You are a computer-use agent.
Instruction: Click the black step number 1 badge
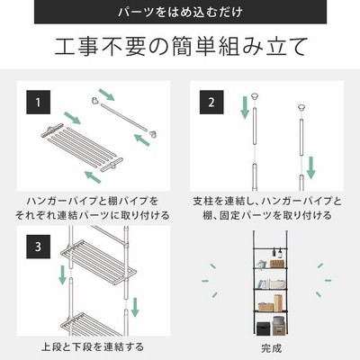[38, 103]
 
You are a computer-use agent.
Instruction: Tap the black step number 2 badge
[211, 103]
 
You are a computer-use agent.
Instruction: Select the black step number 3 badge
[38, 247]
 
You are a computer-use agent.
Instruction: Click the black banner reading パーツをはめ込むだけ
[180, 12]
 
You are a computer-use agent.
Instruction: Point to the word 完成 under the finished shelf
[271, 348]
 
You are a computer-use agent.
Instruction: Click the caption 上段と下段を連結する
[93, 347]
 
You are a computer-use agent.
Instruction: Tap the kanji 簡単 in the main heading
[193, 47]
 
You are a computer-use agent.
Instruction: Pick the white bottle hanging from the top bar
[280, 254]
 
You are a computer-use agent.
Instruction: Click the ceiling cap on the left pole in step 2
[255, 97]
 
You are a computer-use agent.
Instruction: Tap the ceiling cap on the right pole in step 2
[301, 107]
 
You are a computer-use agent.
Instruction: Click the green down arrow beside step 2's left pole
[245, 107]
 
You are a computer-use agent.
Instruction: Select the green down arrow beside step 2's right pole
[310, 167]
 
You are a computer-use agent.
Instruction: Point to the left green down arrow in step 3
[62, 274]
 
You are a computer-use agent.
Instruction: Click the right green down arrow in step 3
[135, 307]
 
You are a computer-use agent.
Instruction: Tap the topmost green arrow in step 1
[106, 94]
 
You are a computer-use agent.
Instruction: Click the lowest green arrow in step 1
[93, 176]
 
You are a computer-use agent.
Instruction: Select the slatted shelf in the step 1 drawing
[82, 147]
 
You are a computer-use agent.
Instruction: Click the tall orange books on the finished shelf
[278, 302]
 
